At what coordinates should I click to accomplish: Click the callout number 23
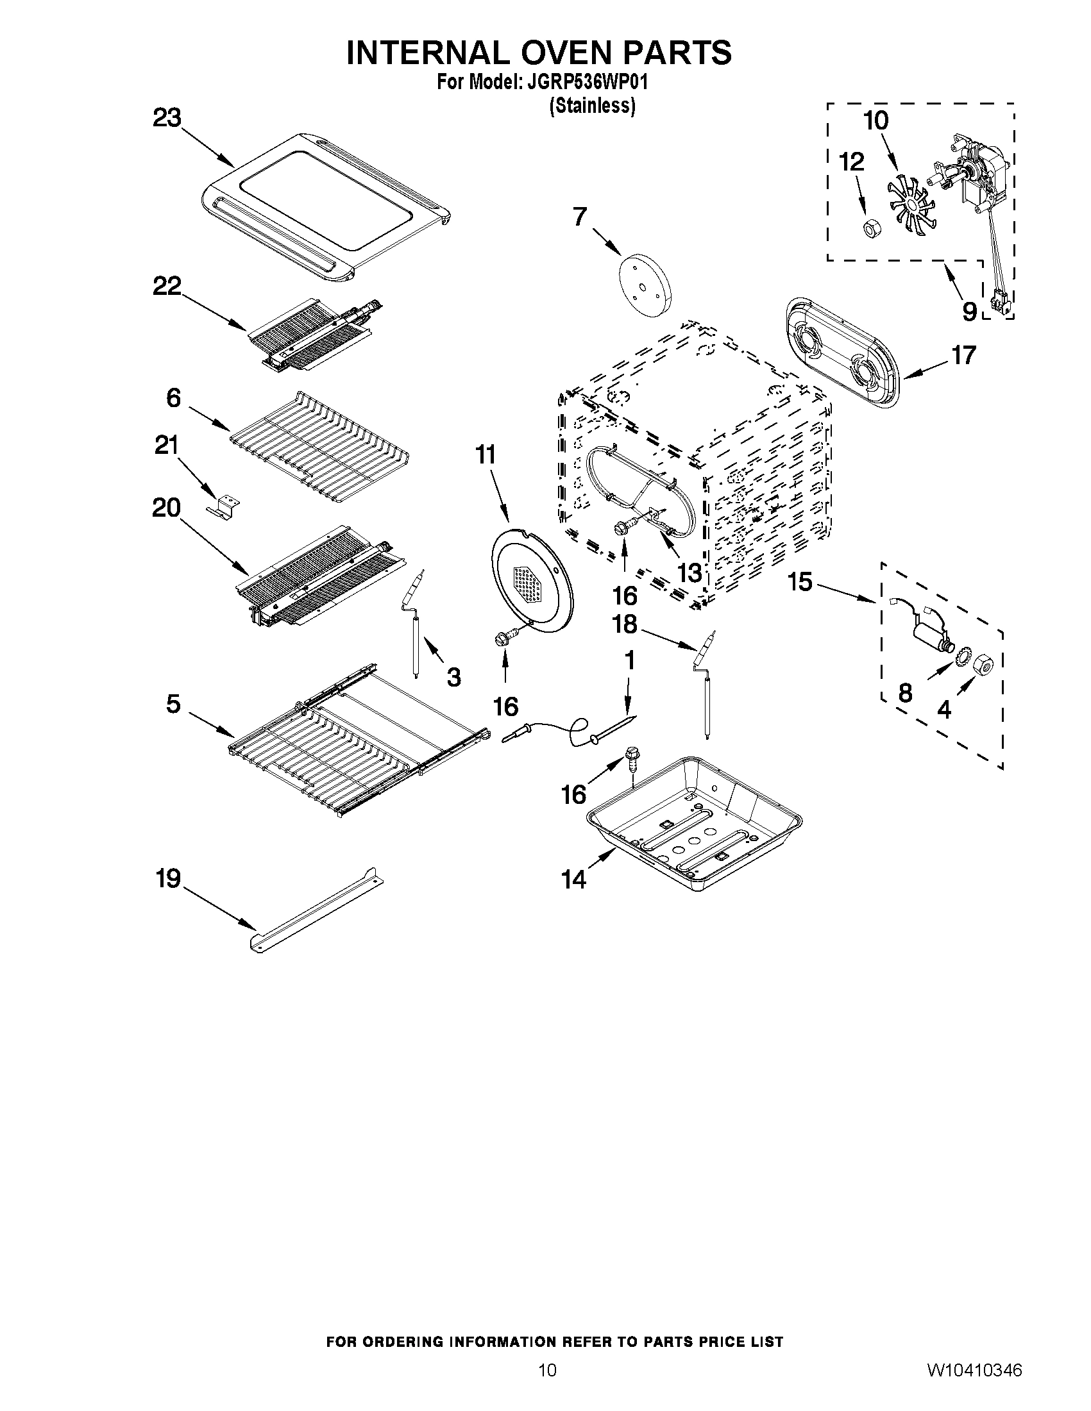167,119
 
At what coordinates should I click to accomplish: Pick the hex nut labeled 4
982,662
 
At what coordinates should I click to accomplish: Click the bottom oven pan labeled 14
695,821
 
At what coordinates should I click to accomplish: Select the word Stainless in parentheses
592,106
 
